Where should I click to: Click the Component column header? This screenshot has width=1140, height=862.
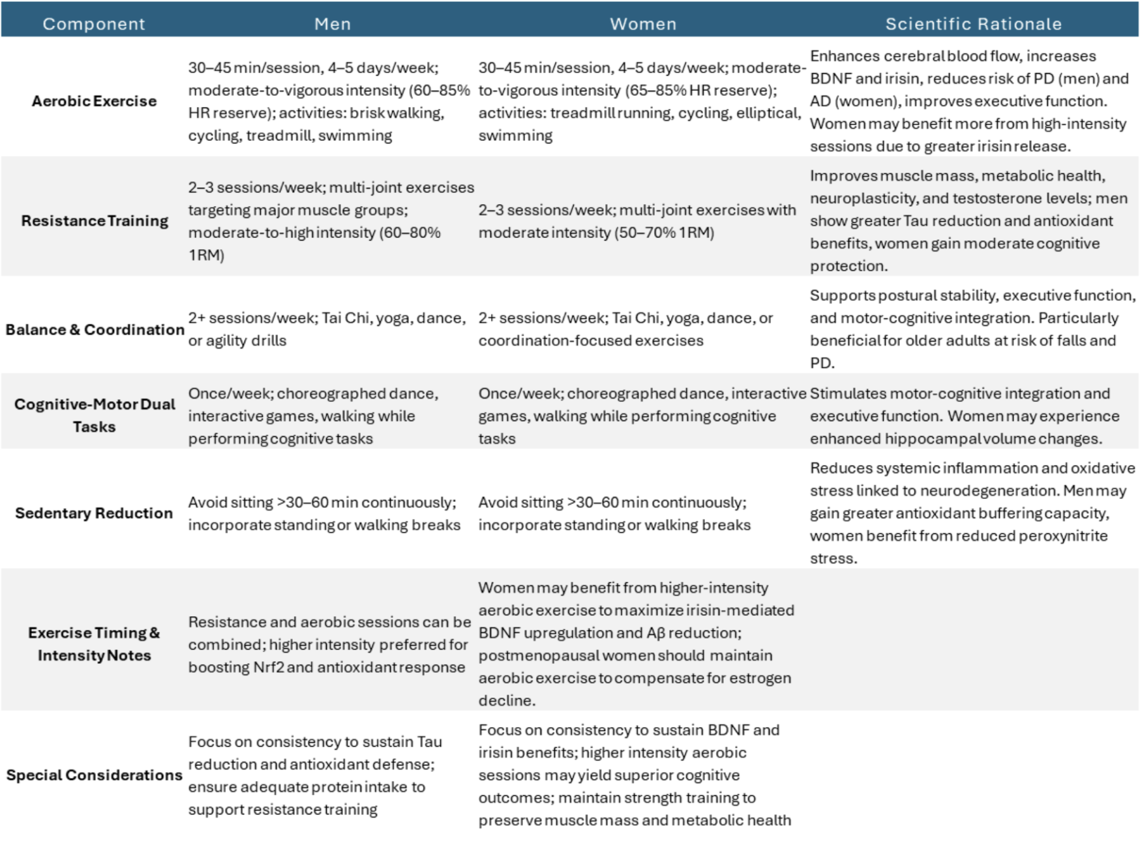tap(94, 24)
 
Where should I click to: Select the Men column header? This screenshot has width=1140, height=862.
tap(333, 24)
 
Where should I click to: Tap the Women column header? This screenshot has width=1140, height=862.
tap(643, 24)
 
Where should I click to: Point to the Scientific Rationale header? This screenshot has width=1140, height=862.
tap(973, 24)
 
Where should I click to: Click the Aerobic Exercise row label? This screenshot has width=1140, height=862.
tap(94, 101)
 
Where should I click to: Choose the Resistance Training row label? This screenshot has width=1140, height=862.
tap(95, 221)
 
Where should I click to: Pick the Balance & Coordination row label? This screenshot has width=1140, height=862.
tap(95, 330)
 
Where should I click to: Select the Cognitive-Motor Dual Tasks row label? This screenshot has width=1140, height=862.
tap(95, 415)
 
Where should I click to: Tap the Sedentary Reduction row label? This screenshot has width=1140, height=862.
tap(94, 513)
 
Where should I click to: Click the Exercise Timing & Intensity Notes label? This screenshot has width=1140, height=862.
tap(94, 644)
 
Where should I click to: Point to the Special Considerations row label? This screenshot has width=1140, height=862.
tap(94, 775)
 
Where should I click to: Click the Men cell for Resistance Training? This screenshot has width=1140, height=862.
tap(331, 221)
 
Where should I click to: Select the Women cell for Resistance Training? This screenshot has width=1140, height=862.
tap(637, 221)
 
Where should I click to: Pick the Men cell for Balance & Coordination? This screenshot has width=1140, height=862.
tap(327, 329)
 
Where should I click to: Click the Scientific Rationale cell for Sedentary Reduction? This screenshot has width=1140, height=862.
tap(972, 513)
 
